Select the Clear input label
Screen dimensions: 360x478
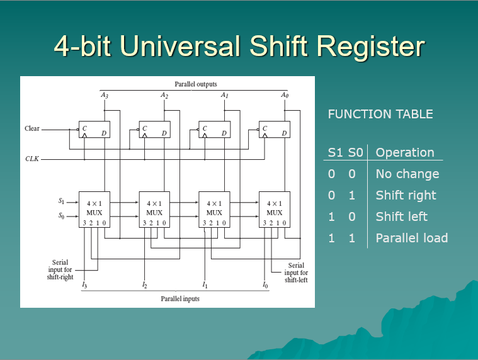(x=31, y=128)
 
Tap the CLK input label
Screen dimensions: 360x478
(x=31, y=159)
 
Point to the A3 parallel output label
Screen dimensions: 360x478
(x=104, y=95)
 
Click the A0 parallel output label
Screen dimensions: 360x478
(x=285, y=95)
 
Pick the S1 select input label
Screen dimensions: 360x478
(x=61, y=201)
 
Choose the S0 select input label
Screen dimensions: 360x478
(x=61, y=217)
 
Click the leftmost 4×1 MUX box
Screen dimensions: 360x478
(x=94, y=209)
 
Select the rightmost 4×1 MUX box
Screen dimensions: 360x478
(x=275, y=209)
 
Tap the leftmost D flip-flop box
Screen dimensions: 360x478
(x=94, y=130)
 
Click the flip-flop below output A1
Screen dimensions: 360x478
(x=214, y=130)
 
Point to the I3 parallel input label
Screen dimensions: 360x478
(x=84, y=285)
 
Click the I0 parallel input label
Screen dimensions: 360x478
(x=265, y=285)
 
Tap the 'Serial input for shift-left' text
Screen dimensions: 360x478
(x=296, y=273)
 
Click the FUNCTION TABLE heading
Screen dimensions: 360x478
(x=380, y=115)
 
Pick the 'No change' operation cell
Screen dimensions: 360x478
(x=407, y=174)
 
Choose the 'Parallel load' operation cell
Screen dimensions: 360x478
(x=411, y=238)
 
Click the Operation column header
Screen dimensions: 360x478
(x=404, y=152)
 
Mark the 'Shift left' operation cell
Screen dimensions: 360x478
(x=401, y=217)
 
